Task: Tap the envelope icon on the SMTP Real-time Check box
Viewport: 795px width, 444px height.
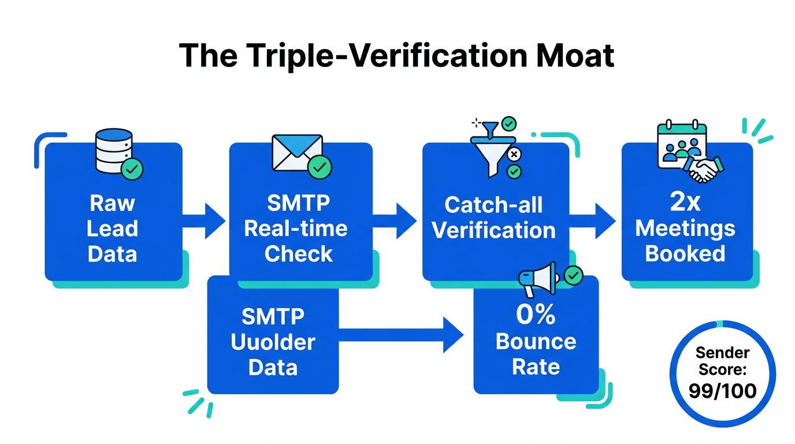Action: pos(296,153)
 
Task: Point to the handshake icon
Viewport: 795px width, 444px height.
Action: pos(706,168)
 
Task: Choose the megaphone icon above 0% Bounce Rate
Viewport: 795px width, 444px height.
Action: pos(536,282)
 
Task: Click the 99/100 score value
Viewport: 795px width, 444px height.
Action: pos(722,391)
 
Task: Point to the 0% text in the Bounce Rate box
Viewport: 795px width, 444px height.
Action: pos(536,316)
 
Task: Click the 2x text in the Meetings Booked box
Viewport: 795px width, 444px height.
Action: pos(685,202)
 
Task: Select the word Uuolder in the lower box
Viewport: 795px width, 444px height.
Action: pos(273,342)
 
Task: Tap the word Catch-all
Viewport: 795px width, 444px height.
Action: pos(493,205)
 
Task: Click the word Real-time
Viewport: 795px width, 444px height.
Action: pos(296,228)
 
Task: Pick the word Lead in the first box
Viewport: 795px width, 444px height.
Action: pos(113,228)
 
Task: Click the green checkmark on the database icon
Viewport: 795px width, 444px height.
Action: pos(132,169)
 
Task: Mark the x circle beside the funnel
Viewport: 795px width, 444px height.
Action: pos(514,154)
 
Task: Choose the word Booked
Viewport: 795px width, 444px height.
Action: pos(685,253)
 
